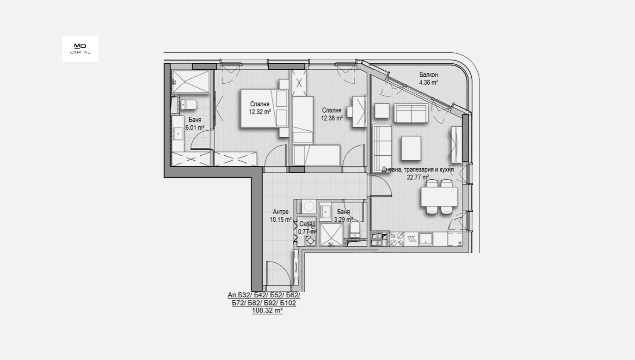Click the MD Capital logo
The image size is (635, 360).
pos(80,49)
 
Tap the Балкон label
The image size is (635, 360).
pos(428,74)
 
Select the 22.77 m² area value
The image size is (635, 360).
pos(418,177)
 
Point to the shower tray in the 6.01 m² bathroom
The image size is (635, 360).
pos(191,82)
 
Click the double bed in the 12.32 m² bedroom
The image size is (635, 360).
pos(264,108)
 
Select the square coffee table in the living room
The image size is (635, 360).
pos(411,148)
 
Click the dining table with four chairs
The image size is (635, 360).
pos(439,197)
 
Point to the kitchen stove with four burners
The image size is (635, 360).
pos(396,239)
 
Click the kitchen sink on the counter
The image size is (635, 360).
pos(425,239)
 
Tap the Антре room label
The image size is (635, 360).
pos(281,212)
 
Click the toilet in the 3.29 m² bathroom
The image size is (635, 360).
pos(355,230)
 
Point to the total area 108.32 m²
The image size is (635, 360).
pos(267,311)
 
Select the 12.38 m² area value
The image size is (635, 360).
pos(332,118)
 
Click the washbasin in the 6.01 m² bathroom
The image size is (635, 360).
pos(178,133)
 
